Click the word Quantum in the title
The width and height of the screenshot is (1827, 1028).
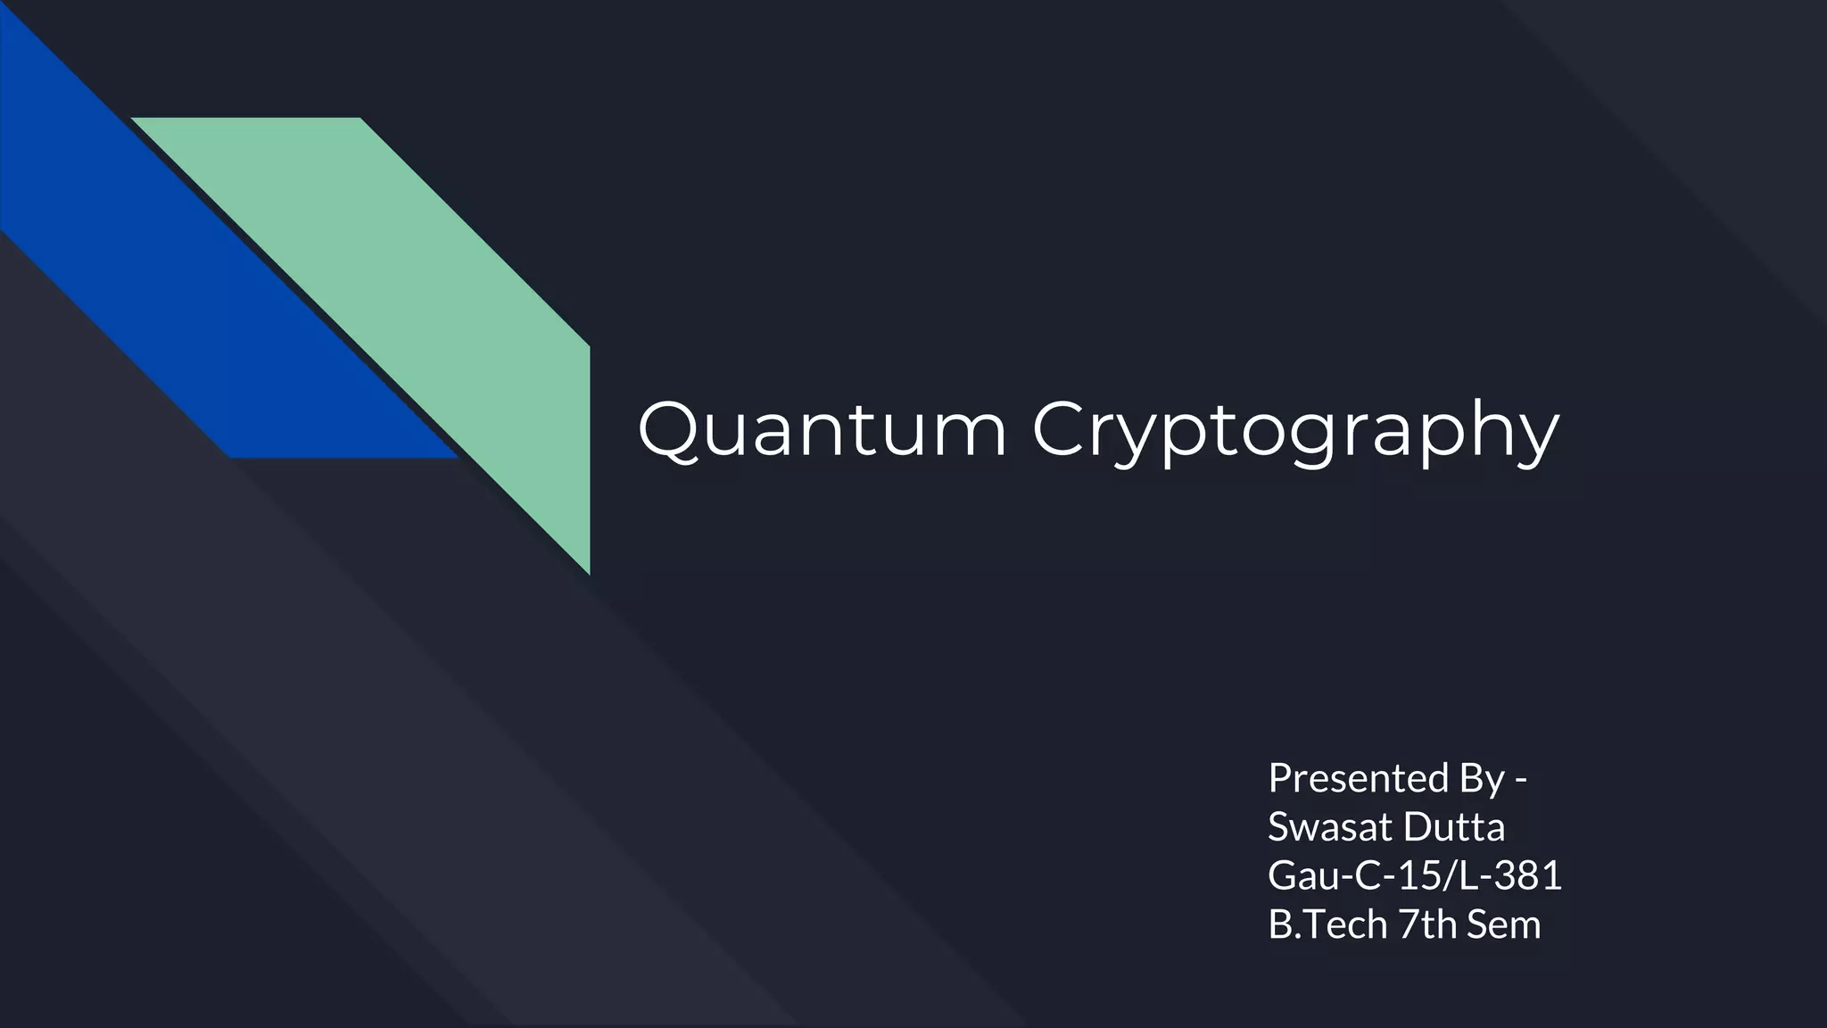pyautogui.click(x=822, y=430)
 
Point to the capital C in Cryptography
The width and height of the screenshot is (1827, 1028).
pyautogui.click(x=1062, y=429)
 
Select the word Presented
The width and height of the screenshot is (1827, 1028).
pyautogui.click(x=1358, y=778)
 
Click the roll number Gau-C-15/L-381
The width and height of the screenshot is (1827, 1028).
pyautogui.click(x=1415, y=875)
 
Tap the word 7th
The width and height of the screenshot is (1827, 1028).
pyautogui.click(x=1427, y=924)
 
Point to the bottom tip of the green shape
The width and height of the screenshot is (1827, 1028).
pyautogui.click(x=589, y=571)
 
